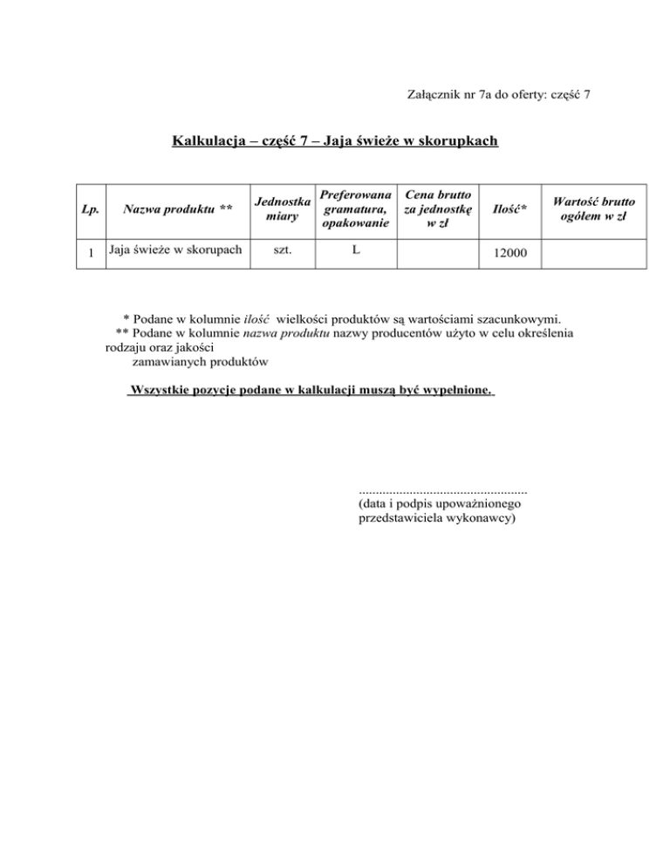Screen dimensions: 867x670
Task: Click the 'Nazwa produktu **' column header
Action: pyautogui.click(x=177, y=208)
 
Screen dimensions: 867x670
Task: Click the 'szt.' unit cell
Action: pyautogui.click(x=282, y=251)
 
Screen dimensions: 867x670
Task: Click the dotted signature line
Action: pyautogui.click(x=443, y=490)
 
